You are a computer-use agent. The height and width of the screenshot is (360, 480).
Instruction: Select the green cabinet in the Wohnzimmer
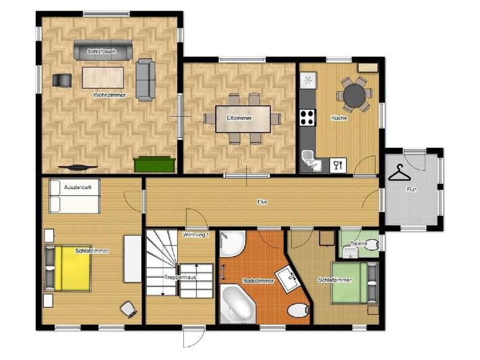(x=155, y=163)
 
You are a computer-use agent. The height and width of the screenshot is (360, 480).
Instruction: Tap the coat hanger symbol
(x=401, y=173)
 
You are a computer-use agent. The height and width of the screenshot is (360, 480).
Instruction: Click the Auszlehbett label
(x=76, y=186)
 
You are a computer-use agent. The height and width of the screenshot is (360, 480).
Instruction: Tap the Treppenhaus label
(x=180, y=278)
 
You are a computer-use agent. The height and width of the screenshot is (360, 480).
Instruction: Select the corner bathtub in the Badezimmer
(x=237, y=302)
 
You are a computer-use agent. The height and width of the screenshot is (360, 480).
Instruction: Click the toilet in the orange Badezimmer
(x=295, y=311)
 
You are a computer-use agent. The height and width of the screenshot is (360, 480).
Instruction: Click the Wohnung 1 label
(x=197, y=234)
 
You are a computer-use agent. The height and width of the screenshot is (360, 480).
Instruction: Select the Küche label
(x=339, y=118)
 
